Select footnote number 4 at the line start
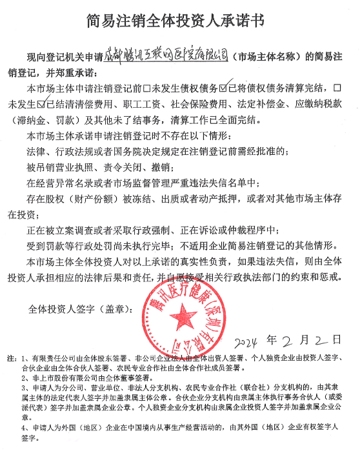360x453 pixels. [23, 427]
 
